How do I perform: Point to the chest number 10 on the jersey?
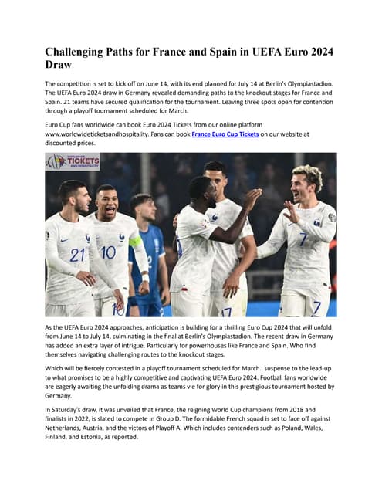(109, 252)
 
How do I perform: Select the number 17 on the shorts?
(226, 312)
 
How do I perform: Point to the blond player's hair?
(307, 175)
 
